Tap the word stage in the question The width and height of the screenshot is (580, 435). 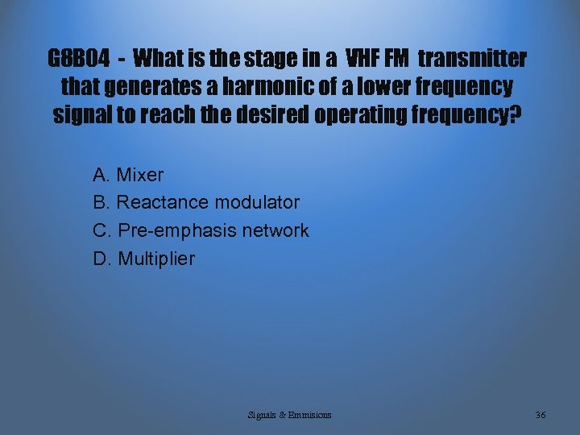pos(266,59)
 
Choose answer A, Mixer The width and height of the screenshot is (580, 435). pos(129,175)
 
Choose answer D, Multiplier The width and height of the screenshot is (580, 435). pos(144,259)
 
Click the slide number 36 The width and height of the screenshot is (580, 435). pos(541,415)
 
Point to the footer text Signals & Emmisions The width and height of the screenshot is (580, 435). pos(289,415)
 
